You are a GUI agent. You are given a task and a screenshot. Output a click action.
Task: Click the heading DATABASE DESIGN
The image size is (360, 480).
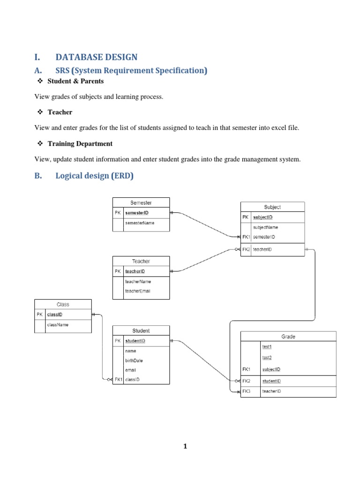[96, 57]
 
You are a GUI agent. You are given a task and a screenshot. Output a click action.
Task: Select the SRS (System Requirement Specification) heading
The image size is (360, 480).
[131, 70]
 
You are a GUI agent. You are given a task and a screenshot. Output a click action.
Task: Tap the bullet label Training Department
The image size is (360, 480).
[80, 143]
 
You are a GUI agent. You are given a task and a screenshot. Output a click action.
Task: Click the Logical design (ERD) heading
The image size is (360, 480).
[94, 176]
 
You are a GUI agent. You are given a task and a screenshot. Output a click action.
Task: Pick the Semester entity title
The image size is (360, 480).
[141, 203]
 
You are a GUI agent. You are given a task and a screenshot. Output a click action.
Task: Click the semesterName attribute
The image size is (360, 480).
[140, 223]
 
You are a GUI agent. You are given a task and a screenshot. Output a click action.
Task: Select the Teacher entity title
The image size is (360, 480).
[141, 261]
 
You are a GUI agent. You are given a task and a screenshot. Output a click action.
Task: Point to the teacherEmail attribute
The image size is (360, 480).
[138, 291]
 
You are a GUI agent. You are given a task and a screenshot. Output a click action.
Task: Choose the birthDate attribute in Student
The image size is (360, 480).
[134, 360]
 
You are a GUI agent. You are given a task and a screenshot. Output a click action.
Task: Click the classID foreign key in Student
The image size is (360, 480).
[132, 380]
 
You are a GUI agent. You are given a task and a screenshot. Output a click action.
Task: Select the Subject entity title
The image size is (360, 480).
[272, 207]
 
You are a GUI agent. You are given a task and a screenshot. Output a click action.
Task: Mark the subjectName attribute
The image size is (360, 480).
[266, 227]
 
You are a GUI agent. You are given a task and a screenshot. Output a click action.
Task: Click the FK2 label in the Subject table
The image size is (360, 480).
[246, 249]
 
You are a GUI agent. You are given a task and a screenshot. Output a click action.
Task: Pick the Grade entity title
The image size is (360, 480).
[288, 336]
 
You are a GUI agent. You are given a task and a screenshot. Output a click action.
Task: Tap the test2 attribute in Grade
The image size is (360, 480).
[267, 357]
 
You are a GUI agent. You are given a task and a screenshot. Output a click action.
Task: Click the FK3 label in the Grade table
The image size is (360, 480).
[247, 391]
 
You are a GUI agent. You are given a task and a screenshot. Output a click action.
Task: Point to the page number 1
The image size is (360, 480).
[185, 446]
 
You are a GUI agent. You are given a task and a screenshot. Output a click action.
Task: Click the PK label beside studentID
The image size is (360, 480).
[118, 341]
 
